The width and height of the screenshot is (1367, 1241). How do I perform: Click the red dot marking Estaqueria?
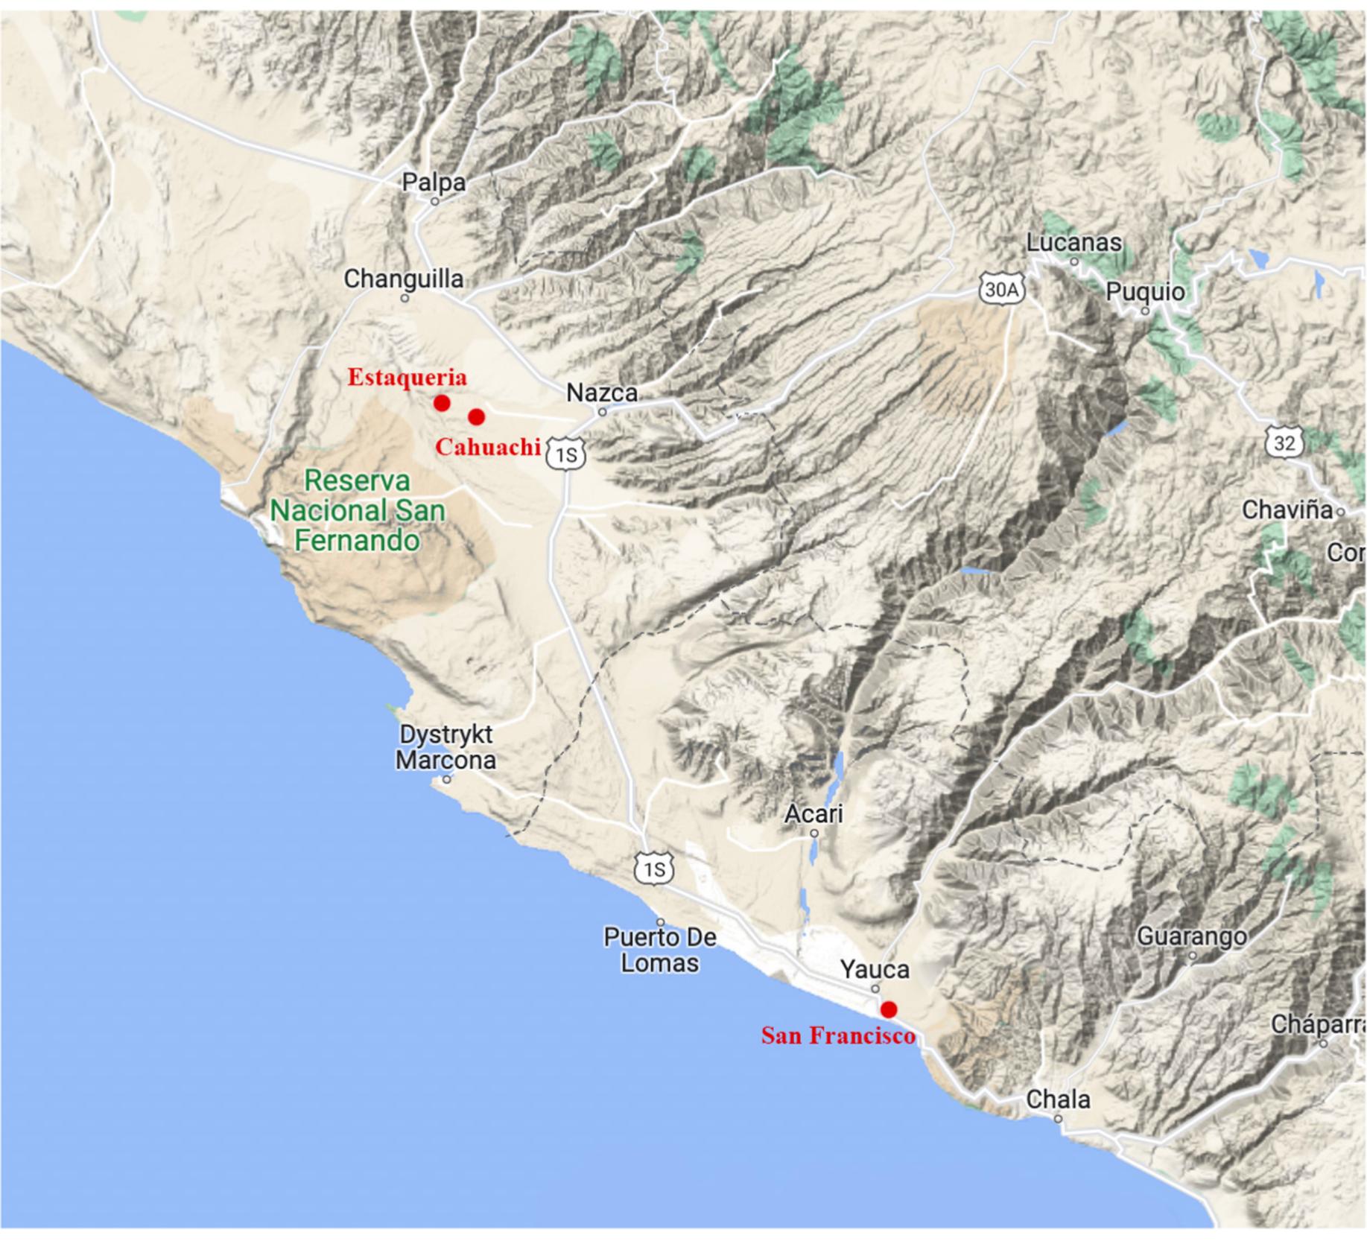pyautogui.click(x=442, y=403)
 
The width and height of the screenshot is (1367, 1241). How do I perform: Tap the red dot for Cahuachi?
pyautogui.click(x=477, y=416)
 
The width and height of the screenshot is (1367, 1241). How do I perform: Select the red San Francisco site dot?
pyautogui.click(x=888, y=1009)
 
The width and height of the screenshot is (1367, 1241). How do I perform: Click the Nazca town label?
pyautogui.click(x=602, y=393)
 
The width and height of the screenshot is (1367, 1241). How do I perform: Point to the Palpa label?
pyautogui.click(x=434, y=182)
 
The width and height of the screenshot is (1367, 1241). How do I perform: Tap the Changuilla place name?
pyautogui.click(x=403, y=279)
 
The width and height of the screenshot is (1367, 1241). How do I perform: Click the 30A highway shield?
pyautogui.click(x=1001, y=290)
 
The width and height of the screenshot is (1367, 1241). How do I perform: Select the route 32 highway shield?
pyautogui.click(x=1284, y=444)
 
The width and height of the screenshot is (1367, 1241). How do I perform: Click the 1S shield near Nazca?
pyautogui.click(x=566, y=454)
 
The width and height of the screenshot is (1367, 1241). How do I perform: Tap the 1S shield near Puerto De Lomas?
pyautogui.click(x=654, y=869)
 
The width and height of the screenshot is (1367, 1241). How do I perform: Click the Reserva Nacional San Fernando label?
pyautogui.click(x=358, y=510)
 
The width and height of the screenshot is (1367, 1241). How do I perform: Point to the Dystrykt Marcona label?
pyautogui.click(x=445, y=747)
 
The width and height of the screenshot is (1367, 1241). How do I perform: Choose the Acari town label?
pyautogui.click(x=813, y=813)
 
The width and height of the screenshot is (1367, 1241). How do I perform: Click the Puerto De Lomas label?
pyautogui.click(x=660, y=950)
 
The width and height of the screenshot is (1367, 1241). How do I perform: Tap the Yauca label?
pyautogui.click(x=875, y=970)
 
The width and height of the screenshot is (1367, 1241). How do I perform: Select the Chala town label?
pyautogui.click(x=1058, y=1099)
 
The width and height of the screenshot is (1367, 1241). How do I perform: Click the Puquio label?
pyautogui.click(x=1145, y=292)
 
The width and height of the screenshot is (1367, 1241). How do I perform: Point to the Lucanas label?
pyautogui.click(x=1073, y=243)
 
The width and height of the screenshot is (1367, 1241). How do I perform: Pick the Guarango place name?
pyautogui.click(x=1191, y=936)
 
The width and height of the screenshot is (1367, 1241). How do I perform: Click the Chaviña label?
pyautogui.click(x=1287, y=510)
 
